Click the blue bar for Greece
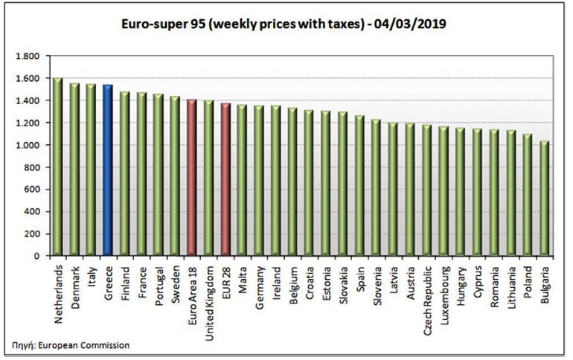tap(108, 171)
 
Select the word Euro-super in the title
tap(152, 25)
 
